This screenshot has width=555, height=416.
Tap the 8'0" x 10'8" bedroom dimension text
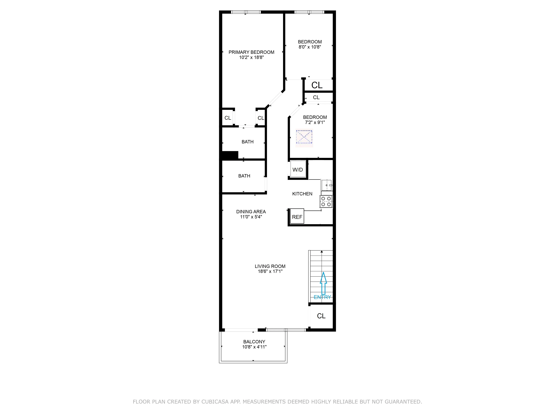310,47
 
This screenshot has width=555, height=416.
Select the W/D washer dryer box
298,170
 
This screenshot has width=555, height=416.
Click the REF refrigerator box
297,217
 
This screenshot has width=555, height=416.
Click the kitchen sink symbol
326,185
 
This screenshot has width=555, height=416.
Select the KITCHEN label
302,194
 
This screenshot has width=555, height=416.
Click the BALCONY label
254,342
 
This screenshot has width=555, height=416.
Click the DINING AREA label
251,212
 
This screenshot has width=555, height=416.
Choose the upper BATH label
247,142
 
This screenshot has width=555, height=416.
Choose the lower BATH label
244,176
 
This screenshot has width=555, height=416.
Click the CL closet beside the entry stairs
321,316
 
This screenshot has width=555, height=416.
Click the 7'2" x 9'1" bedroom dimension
315,122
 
